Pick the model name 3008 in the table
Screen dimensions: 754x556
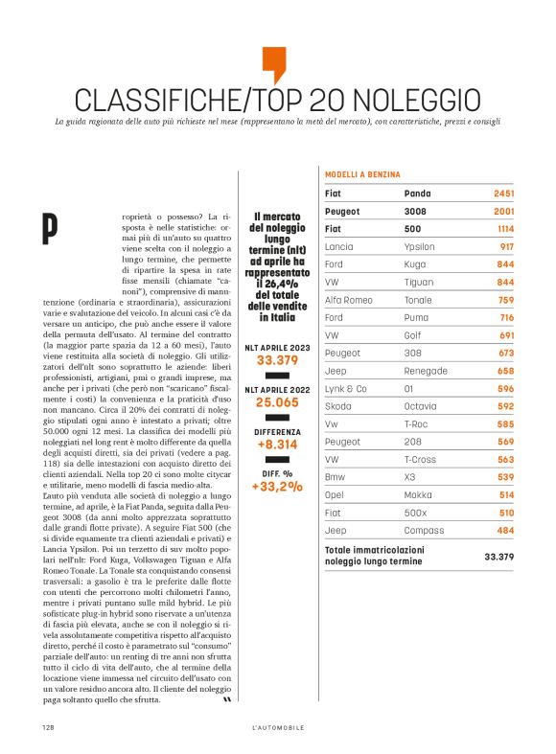click(417, 211)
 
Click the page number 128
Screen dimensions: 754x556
click(46, 727)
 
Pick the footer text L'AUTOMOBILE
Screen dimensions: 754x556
click(277, 727)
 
